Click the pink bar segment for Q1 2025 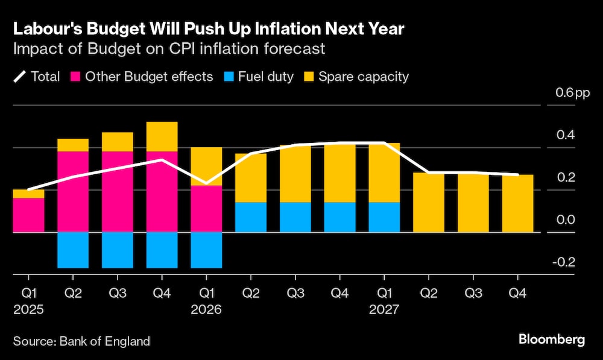coord(28,215)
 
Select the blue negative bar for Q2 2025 coord(73,250)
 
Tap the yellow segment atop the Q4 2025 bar coord(162,136)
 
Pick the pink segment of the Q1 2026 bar coord(206,208)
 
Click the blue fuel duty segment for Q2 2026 coord(250,216)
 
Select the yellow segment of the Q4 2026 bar coord(339,172)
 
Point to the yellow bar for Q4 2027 coord(517,203)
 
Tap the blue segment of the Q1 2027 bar coord(384,216)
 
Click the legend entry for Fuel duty coord(265,77)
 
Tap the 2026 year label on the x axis coord(206,310)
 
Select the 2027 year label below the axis coord(384,310)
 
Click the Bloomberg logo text coord(552,339)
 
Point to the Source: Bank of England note coord(81,341)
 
